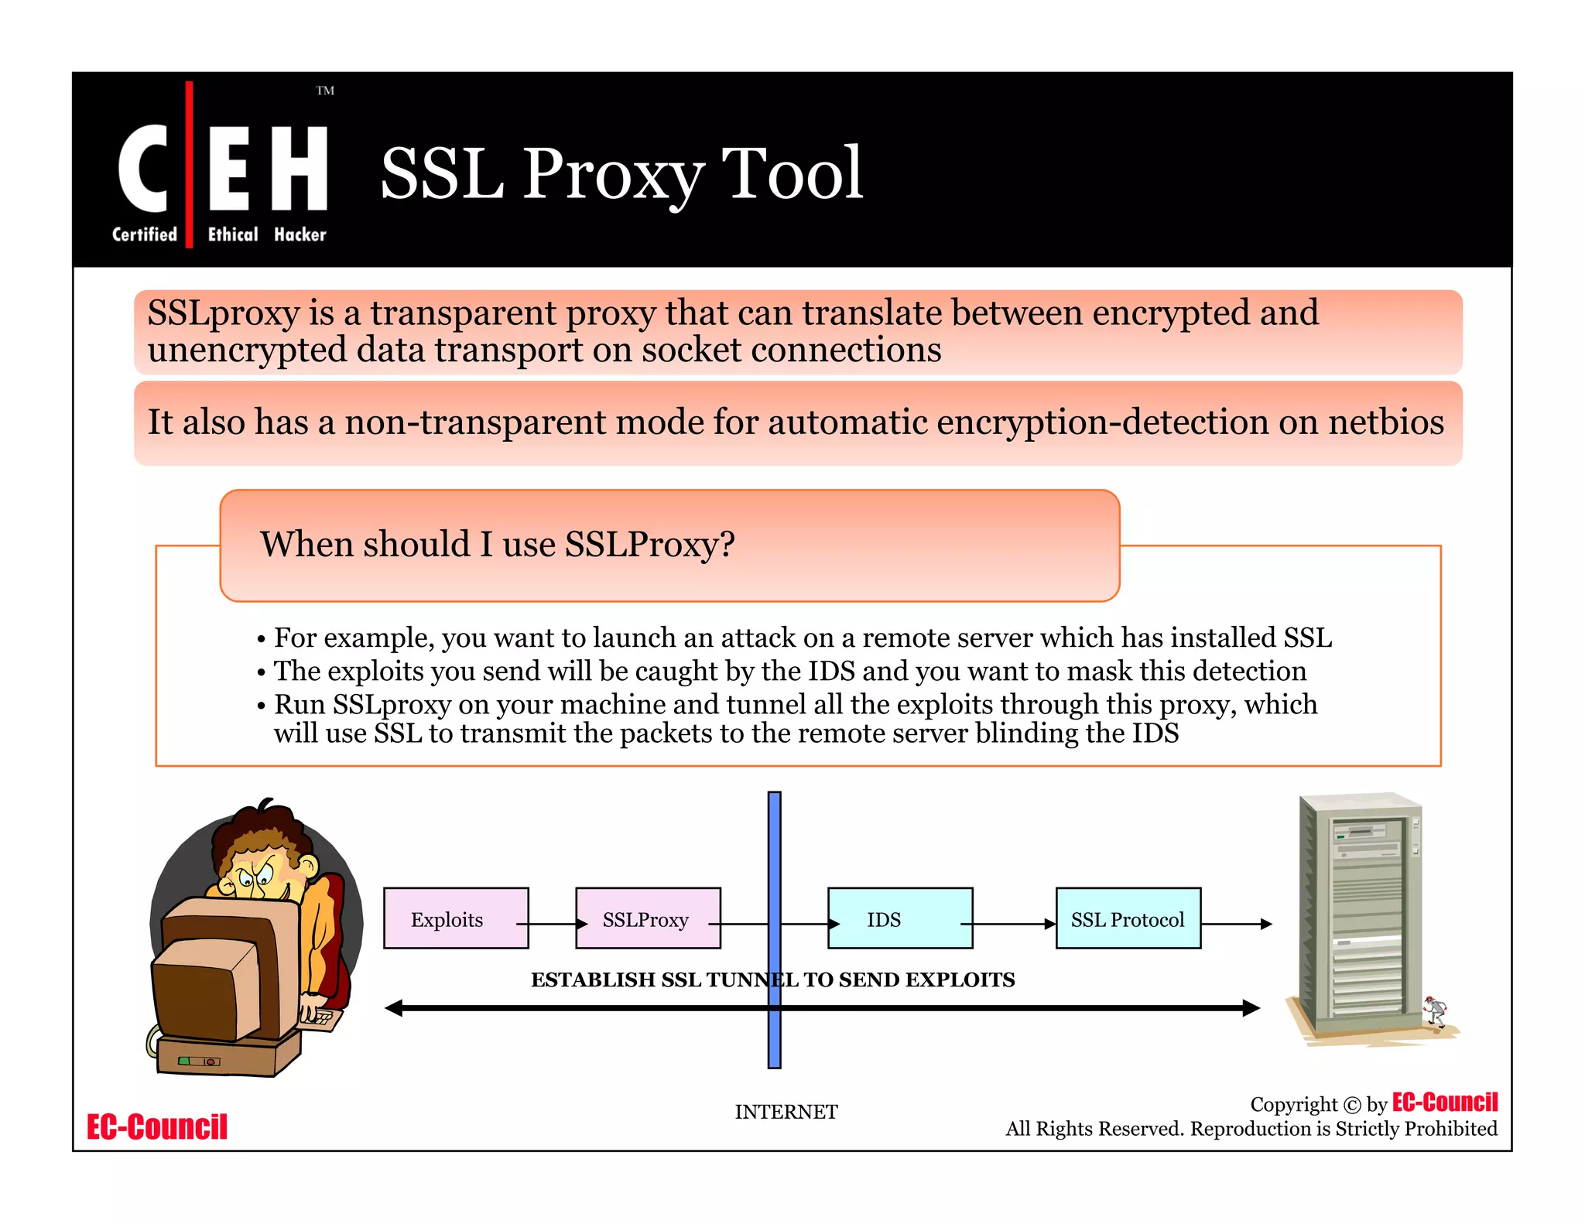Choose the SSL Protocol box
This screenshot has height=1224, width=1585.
tap(1128, 918)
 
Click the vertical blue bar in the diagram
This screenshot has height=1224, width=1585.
tap(774, 851)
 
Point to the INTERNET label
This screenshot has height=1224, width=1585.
tap(786, 1112)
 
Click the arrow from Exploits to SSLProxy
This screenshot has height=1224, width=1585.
tap(552, 924)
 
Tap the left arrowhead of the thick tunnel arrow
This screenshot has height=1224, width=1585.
tap(395, 1008)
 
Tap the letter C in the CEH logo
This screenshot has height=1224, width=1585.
tap(142, 168)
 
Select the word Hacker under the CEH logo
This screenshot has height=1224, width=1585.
tap(300, 234)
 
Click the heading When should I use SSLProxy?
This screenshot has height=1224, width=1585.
tap(497, 544)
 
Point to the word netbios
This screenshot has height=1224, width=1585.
tap(1385, 422)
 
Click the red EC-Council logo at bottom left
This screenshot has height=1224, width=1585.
tap(157, 1127)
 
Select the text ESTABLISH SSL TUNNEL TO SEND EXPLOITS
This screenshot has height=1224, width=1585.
tap(772, 980)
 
